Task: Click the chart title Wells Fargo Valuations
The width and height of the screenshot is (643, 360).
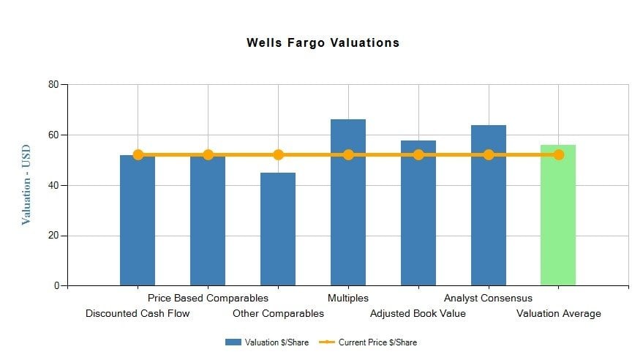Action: (323, 42)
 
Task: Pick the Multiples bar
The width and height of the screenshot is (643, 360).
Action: (348, 212)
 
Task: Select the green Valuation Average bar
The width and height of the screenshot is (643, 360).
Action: (558, 220)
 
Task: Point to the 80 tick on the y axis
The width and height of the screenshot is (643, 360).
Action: (53, 85)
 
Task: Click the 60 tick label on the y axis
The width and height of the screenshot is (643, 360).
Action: (53, 135)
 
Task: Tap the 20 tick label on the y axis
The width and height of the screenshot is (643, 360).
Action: (53, 236)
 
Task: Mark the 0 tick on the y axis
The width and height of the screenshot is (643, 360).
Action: (56, 286)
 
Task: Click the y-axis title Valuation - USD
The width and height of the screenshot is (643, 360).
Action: (26, 184)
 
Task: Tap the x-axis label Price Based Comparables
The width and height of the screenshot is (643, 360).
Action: (208, 298)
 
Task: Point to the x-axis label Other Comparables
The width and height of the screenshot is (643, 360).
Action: (278, 314)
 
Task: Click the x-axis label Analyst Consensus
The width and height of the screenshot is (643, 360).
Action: (488, 298)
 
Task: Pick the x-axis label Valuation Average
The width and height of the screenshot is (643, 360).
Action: (558, 314)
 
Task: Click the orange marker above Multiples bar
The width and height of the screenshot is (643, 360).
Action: (348, 154)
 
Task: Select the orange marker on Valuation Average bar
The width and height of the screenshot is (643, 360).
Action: (558, 154)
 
